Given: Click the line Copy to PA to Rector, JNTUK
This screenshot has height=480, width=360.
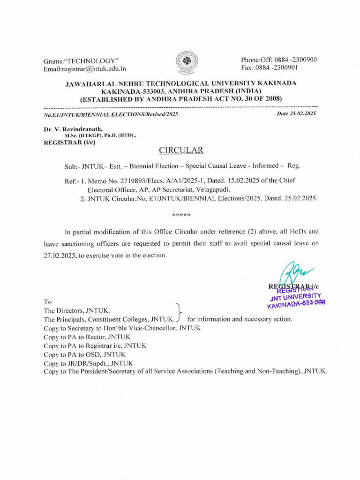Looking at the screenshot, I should pos(87,337).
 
